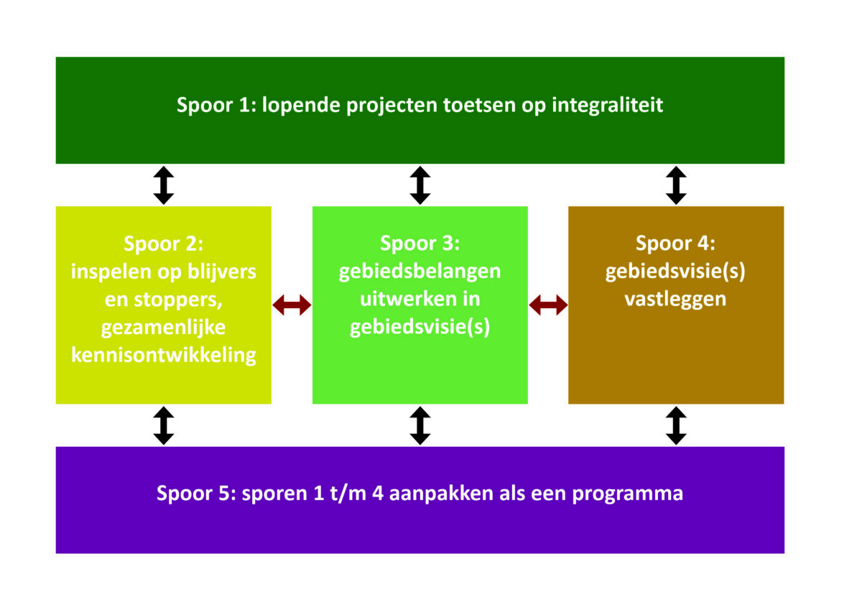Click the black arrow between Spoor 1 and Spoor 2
164,185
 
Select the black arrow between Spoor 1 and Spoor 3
420,185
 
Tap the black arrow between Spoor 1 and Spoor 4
676,185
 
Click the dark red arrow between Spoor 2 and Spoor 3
292,305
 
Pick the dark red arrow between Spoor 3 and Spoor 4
548,305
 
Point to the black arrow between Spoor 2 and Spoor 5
164,425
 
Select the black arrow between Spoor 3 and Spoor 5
420,425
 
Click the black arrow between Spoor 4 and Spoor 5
676,425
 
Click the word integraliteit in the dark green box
608,106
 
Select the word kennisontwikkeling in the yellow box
164,355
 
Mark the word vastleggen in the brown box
675,300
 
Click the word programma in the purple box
628,494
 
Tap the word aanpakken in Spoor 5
441,494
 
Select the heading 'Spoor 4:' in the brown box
675,244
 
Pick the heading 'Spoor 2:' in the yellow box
163,244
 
